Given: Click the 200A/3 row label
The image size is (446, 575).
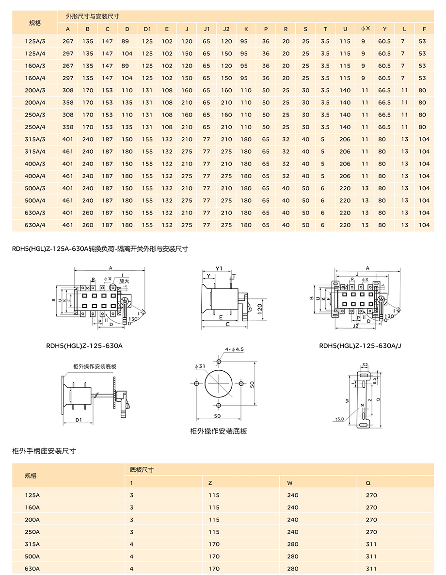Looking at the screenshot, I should click(x=35, y=90).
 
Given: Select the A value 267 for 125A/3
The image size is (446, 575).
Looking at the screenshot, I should click(x=68, y=41).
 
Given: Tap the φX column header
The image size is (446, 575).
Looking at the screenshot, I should click(x=366, y=29).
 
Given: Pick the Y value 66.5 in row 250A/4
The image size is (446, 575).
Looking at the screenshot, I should click(x=384, y=127).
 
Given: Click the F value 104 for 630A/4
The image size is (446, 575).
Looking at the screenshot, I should click(x=424, y=225).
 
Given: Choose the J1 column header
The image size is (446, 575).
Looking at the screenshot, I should click(x=207, y=29).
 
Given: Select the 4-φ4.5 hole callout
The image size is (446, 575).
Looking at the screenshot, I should click(x=235, y=349).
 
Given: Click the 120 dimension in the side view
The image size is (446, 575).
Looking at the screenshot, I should click(x=260, y=308).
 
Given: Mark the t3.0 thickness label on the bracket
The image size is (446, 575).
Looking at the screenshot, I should click(x=339, y=419).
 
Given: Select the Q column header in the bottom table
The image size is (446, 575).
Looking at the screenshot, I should click(x=368, y=483).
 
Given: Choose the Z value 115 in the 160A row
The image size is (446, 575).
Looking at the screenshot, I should click(x=214, y=508).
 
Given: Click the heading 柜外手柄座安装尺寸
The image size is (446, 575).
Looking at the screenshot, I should click(x=44, y=451).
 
